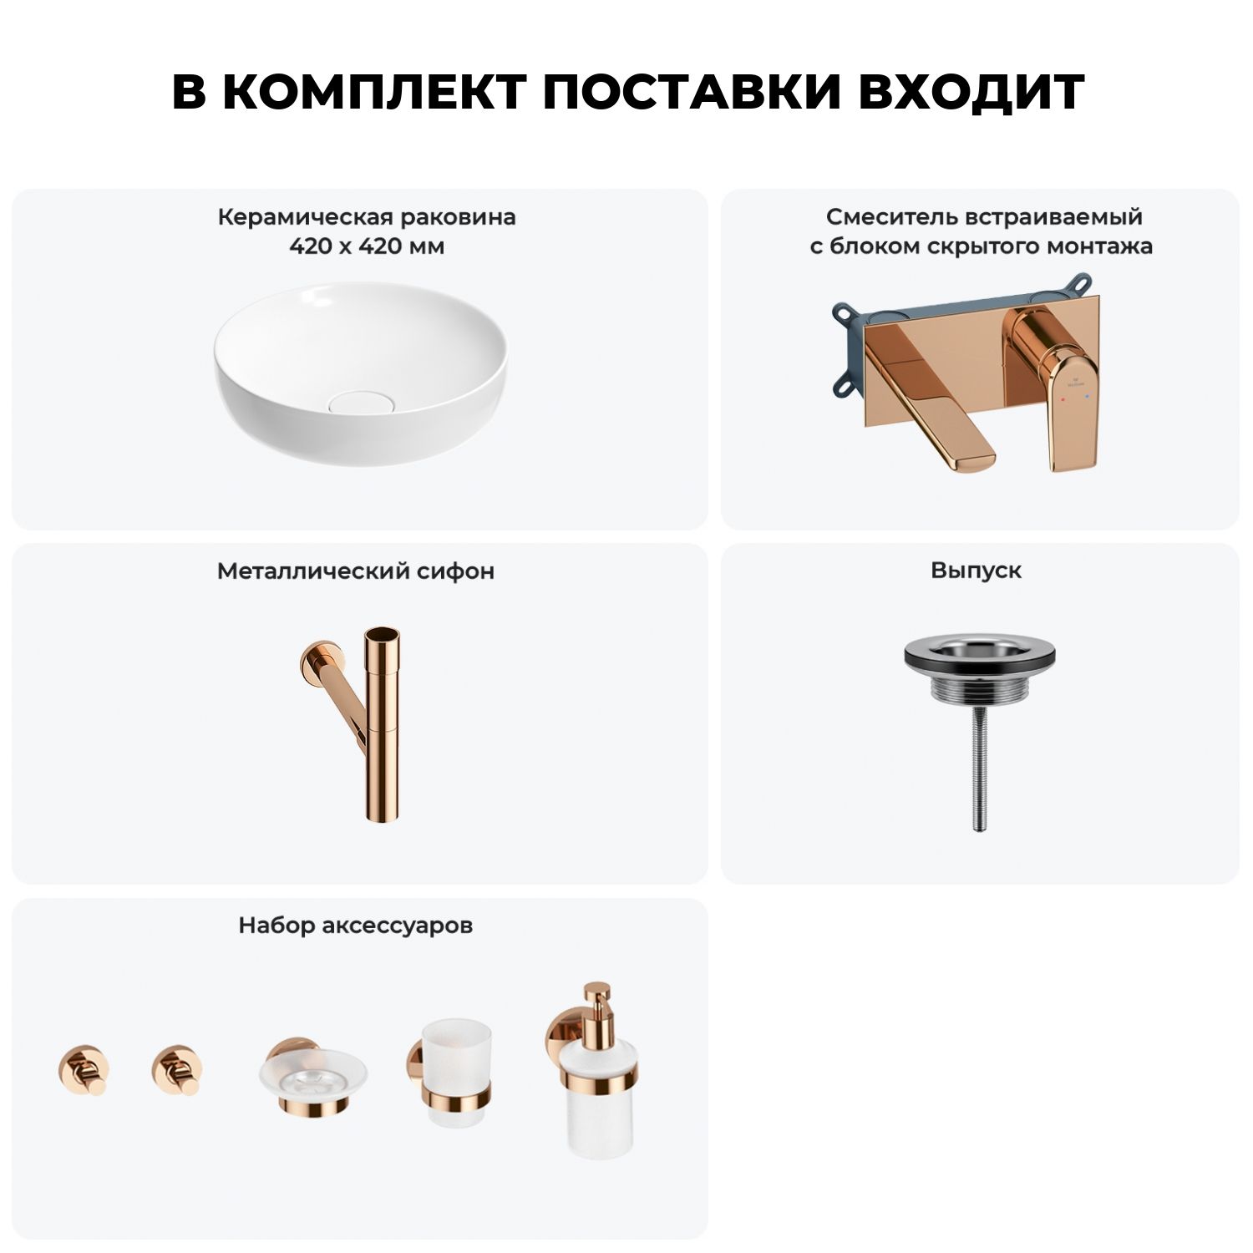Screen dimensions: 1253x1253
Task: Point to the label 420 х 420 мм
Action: (x=367, y=246)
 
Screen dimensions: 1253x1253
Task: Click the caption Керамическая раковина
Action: (x=367, y=217)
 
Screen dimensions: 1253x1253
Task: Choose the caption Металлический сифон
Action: (x=356, y=571)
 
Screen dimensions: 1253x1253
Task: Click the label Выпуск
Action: (x=977, y=571)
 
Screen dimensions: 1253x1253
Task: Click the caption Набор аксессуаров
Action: (x=356, y=926)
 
